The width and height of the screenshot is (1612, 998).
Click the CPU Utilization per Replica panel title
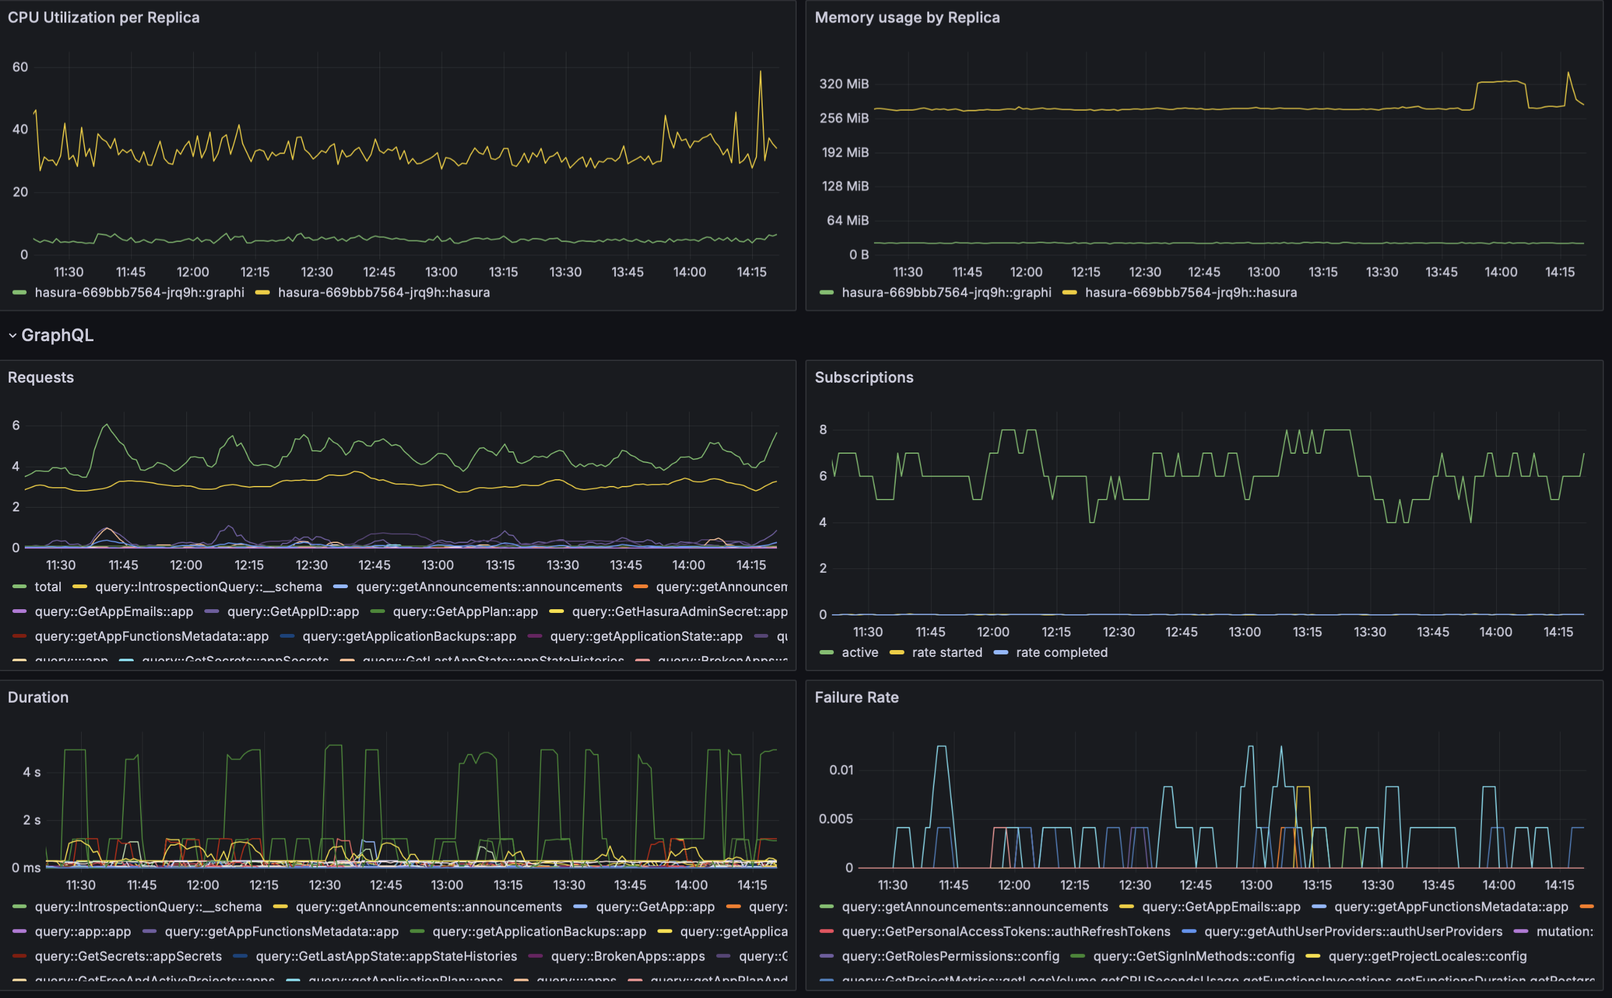[103, 18]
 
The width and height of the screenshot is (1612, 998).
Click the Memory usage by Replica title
[907, 18]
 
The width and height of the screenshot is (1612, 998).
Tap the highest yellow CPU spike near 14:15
[760, 72]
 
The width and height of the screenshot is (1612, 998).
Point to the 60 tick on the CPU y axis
[20, 67]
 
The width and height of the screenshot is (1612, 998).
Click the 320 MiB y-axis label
[843, 84]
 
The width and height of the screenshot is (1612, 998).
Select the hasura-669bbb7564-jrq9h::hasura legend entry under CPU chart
[383, 292]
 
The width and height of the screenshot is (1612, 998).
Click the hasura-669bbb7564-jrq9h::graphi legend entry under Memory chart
[945, 292]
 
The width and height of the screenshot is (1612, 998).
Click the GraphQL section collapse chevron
[12, 336]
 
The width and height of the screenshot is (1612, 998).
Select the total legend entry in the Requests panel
[48, 587]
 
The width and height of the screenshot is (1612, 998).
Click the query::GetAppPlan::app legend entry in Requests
[464, 611]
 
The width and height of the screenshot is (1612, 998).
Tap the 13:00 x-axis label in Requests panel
[438, 565]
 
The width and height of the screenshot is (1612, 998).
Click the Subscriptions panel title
[864, 378]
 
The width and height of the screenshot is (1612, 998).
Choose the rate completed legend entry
[1061, 652]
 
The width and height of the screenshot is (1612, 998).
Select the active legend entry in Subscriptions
[859, 652]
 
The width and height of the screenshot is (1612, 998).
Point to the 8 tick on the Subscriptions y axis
[823, 430]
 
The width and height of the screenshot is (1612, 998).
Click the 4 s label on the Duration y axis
[32, 772]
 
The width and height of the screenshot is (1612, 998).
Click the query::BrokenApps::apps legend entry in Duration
[627, 956]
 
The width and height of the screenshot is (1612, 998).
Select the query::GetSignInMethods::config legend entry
[1193, 956]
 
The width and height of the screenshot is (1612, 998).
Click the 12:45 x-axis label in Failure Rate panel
[1195, 885]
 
